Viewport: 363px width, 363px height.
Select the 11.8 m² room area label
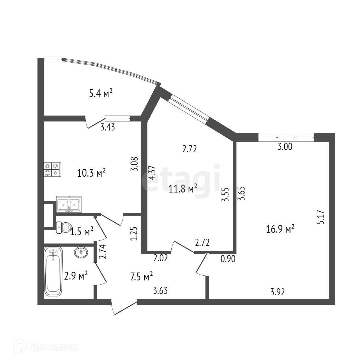pyautogui.click(x=183, y=189)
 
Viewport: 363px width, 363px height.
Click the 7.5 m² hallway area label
pyautogui.click(x=141, y=276)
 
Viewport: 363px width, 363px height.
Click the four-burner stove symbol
pyautogui.click(x=52, y=170)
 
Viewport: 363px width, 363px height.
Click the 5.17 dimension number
pyautogui.click(x=322, y=217)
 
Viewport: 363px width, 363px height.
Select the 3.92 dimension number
pyautogui.click(x=278, y=292)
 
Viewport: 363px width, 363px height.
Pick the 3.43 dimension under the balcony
pyautogui.click(x=108, y=127)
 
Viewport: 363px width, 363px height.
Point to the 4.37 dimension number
pyautogui.click(x=152, y=172)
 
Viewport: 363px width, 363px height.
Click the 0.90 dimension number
pyautogui.click(x=228, y=259)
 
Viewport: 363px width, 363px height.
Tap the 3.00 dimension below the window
pyautogui.click(x=285, y=147)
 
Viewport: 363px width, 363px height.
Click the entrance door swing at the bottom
pyautogui.click(x=124, y=307)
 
